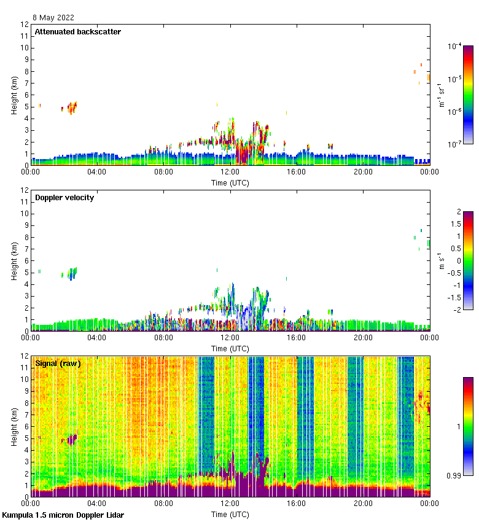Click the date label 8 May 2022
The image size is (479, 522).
tap(53, 18)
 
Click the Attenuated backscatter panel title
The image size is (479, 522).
tap(78, 32)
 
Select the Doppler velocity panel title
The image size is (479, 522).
tap(64, 198)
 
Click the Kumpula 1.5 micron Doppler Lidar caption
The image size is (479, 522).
tap(63, 515)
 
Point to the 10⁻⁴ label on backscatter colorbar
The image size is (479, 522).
tap(455, 47)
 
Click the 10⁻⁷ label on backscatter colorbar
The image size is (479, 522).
tap(455, 144)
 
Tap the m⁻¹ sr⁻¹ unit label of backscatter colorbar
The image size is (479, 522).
tap(441, 95)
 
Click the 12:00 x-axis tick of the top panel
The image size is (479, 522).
tap(230, 173)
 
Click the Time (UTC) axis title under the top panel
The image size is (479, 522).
tap(230, 182)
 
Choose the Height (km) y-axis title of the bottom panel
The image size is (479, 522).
tap(14, 427)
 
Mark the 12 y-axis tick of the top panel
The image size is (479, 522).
tap(25, 25)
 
